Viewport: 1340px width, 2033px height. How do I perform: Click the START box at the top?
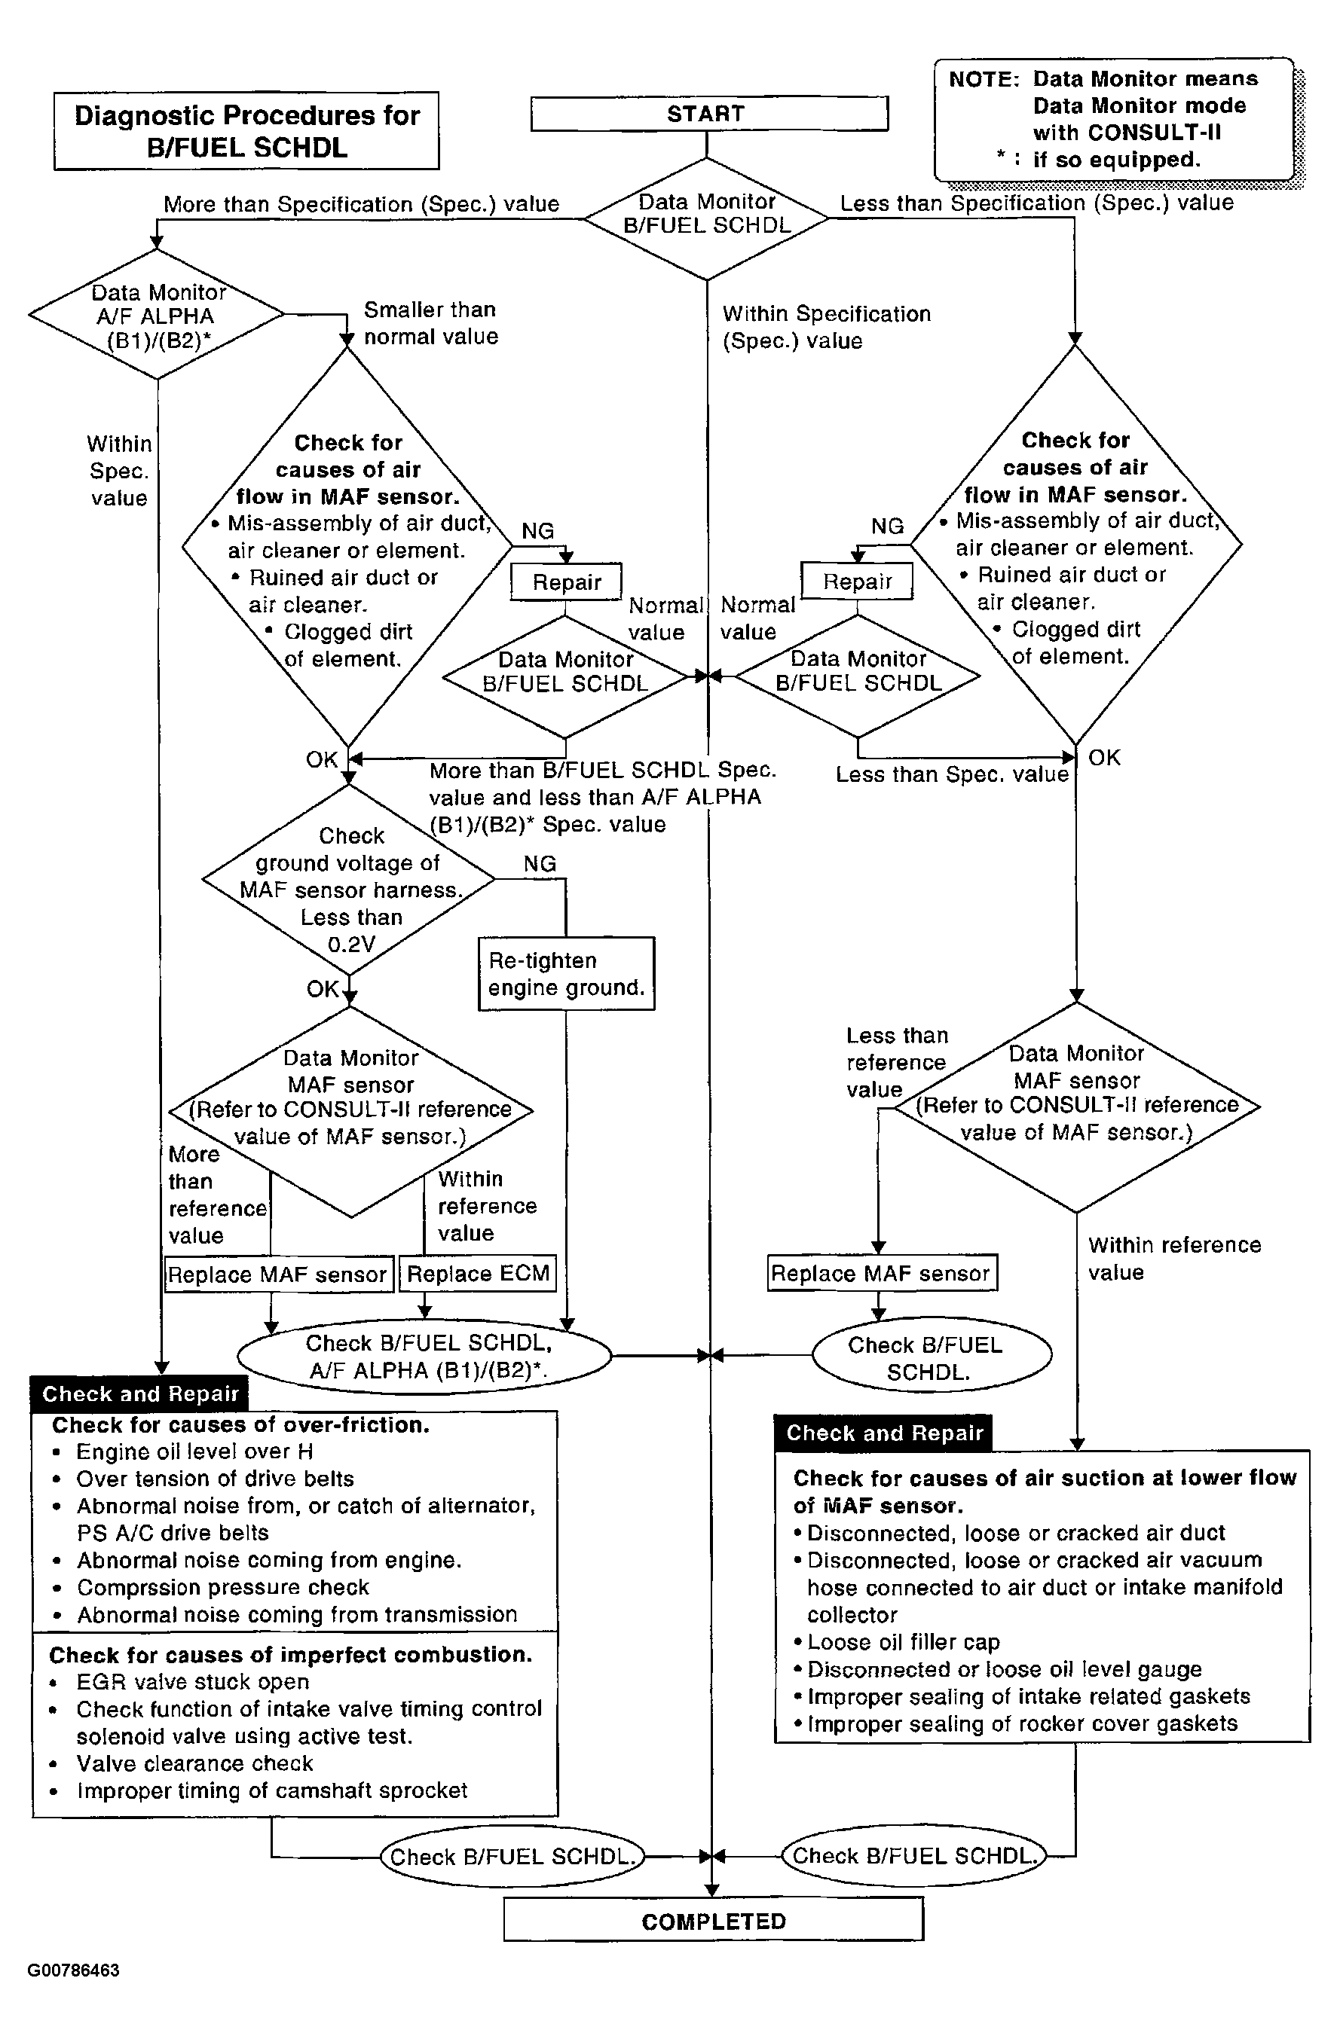(x=708, y=114)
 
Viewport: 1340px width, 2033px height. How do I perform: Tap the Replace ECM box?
(x=478, y=1274)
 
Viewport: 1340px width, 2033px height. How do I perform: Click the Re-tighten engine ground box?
(x=566, y=974)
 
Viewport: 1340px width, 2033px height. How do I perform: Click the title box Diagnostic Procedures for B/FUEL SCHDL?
(x=246, y=132)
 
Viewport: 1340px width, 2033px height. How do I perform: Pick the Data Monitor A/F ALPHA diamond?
(x=157, y=315)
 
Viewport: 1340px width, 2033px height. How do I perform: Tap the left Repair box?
(x=566, y=582)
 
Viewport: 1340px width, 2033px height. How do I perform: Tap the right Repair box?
(x=856, y=582)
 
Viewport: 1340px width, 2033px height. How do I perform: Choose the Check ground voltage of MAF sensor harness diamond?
(x=349, y=879)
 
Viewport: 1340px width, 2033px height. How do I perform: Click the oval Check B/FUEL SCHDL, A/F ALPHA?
(x=425, y=1357)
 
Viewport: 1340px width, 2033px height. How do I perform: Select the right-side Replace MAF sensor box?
(x=881, y=1273)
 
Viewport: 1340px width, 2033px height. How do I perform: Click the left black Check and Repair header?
(x=139, y=1393)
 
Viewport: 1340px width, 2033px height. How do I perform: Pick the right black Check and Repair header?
(x=883, y=1433)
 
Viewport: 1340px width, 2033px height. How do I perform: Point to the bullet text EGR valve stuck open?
(x=192, y=1682)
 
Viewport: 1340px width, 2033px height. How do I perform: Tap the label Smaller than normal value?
(x=430, y=323)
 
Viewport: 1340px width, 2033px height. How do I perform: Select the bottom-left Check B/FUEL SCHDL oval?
(x=512, y=1856)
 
